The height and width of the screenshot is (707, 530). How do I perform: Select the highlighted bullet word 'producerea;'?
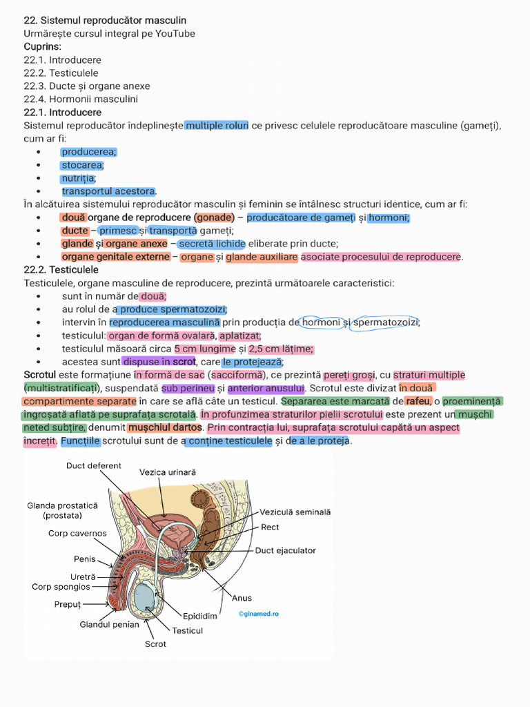pyautogui.click(x=89, y=152)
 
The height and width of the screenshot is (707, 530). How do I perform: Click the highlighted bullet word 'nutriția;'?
pyautogui.click(x=79, y=178)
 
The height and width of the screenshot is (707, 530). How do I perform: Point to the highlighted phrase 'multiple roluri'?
pyautogui.click(x=217, y=126)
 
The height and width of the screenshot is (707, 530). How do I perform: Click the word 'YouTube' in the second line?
pyautogui.click(x=175, y=34)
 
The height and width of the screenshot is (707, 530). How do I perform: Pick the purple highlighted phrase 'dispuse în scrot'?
pyautogui.click(x=159, y=362)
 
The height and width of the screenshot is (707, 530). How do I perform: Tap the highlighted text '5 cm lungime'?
pyautogui.click(x=205, y=349)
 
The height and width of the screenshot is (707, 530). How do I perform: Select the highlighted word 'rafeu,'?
pyautogui.click(x=419, y=401)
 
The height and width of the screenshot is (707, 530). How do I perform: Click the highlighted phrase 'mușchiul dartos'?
pyautogui.click(x=165, y=427)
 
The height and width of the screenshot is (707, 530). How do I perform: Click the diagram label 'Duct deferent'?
pyautogui.click(x=94, y=466)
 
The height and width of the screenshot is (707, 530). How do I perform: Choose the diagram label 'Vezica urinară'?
pyautogui.click(x=168, y=472)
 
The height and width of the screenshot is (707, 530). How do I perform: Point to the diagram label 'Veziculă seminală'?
pyautogui.click(x=295, y=512)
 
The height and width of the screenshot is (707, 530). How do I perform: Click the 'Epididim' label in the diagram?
pyautogui.click(x=200, y=615)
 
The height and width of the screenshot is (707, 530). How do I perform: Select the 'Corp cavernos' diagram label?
pyautogui.click(x=77, y=533)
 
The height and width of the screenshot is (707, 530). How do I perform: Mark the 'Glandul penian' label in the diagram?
pyautogui.click(x=109, y=624)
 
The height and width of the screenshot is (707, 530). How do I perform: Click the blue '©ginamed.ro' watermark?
pyautogui.click(x=259, y=613)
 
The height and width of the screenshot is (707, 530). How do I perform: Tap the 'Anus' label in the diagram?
pyautogui.click(x=242, y=598)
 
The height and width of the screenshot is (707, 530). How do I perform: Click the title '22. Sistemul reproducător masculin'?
pyautogui.click(x=105, y=21)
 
